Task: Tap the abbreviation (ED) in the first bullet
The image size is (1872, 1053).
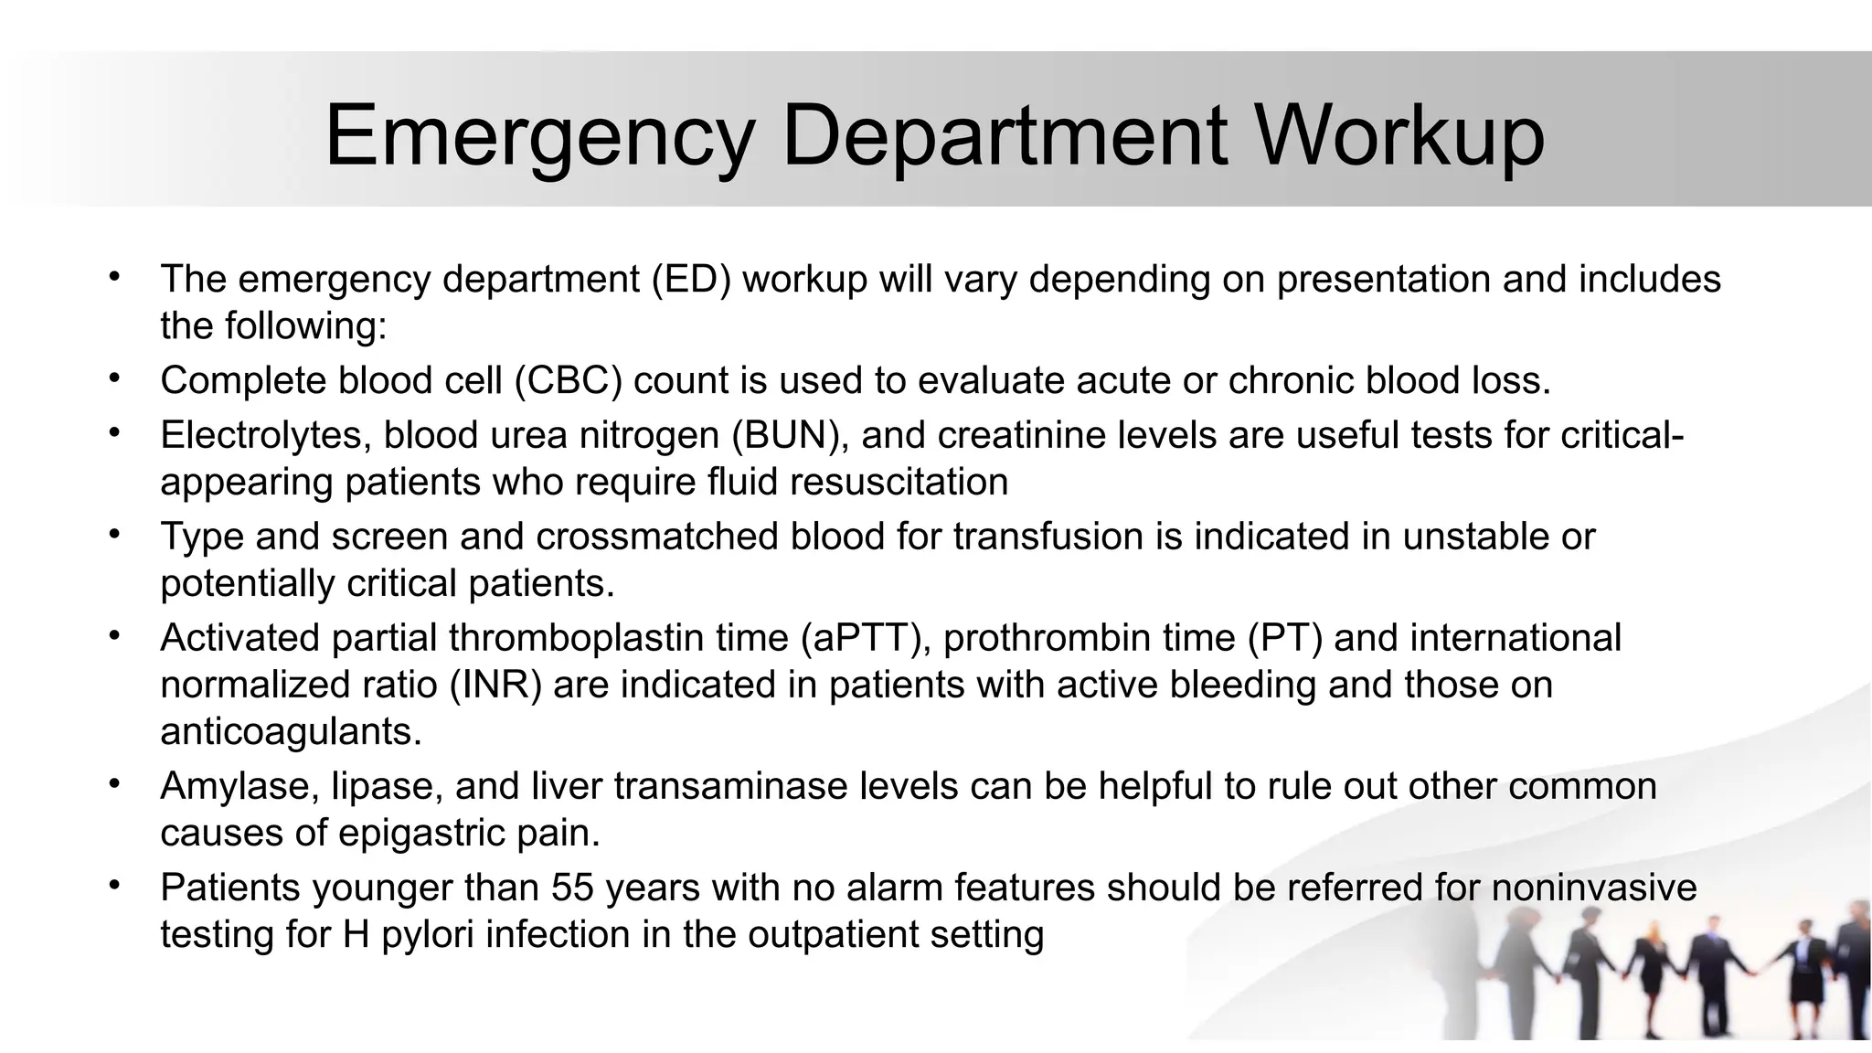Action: click(x=691, y=279)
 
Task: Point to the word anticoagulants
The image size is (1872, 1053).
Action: click(x=291, y=731)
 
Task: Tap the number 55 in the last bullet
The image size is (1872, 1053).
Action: click(x=572, y=888)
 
